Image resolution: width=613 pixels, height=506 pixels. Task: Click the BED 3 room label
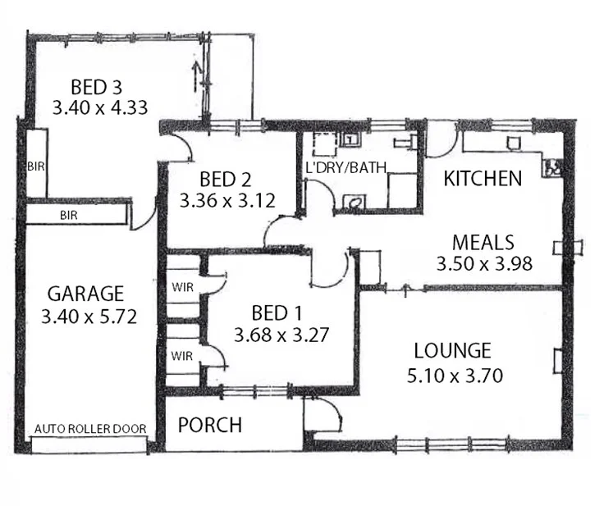[x=98, y=86]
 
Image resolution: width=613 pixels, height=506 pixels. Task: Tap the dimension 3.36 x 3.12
[x=226, y=199]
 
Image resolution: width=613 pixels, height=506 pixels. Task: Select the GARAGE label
[x=85, y=293]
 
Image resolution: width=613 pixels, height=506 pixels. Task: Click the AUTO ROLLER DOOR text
[x=90, y=429]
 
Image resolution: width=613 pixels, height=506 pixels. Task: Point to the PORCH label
[x=210, y=425]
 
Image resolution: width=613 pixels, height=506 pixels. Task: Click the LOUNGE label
[x=452, y=351]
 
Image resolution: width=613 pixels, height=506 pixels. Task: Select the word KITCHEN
[x=483, y=178]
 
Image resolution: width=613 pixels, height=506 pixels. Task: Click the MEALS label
[x=483, y=243]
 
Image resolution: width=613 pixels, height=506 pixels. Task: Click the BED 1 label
[x=270, y=312]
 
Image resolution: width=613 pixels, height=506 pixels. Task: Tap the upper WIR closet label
[x=182, y=288]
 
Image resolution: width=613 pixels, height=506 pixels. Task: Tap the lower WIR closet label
[x=182, y=357]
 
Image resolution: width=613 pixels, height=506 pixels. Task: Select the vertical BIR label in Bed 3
[x=35, y=165]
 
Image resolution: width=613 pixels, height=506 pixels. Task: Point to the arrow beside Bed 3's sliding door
[x=194, y=76]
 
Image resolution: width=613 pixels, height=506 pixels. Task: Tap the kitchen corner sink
[x=552, y=166]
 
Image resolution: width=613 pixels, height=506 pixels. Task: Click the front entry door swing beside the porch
[x=322, y=415]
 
